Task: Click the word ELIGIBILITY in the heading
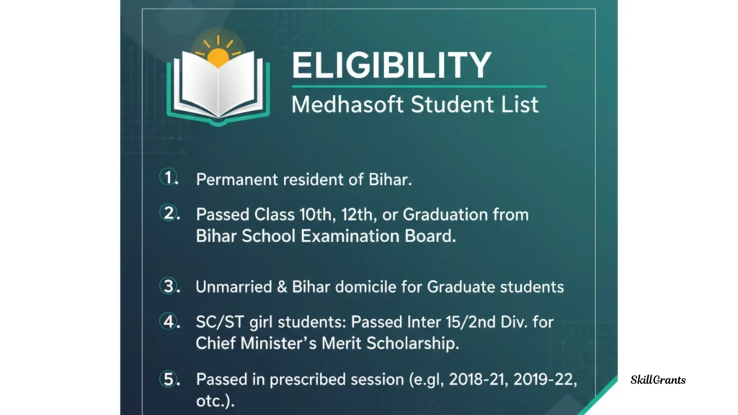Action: click(x=391, y=65)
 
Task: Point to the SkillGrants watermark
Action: click(x=658, y=380)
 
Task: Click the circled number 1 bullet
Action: click(x=167, y=177)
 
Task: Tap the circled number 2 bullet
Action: click(x=168, y=213)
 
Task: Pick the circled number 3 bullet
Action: click(x=168, y=285)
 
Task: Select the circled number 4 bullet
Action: click(x=168, y=321)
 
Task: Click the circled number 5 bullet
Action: click(x=168, y=378)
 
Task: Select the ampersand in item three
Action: click(x=282, y=287)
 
